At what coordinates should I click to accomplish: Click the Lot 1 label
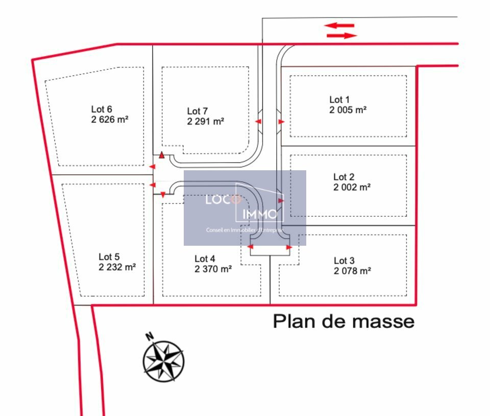point(339,100)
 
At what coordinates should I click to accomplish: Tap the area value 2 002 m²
point(352,187)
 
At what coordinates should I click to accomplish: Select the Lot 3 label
point(344,261)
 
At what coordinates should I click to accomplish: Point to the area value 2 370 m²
point(213,269)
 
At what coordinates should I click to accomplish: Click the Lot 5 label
point(109,257)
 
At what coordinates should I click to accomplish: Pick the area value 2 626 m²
point(110,119)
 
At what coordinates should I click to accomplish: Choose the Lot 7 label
point(198,111)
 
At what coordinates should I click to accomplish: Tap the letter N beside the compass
point(150,336)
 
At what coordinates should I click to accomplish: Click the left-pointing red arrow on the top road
point(339,25)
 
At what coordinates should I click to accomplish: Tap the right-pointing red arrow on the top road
point(341,35)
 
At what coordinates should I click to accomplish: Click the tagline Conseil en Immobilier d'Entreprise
point(244,230)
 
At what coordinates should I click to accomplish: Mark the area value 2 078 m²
point(353,271)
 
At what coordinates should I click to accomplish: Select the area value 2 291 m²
point(206,121)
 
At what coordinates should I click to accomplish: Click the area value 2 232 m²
point(117,267)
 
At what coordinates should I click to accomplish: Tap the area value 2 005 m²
point(348,110)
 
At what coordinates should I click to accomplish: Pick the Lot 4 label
point(205,258)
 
